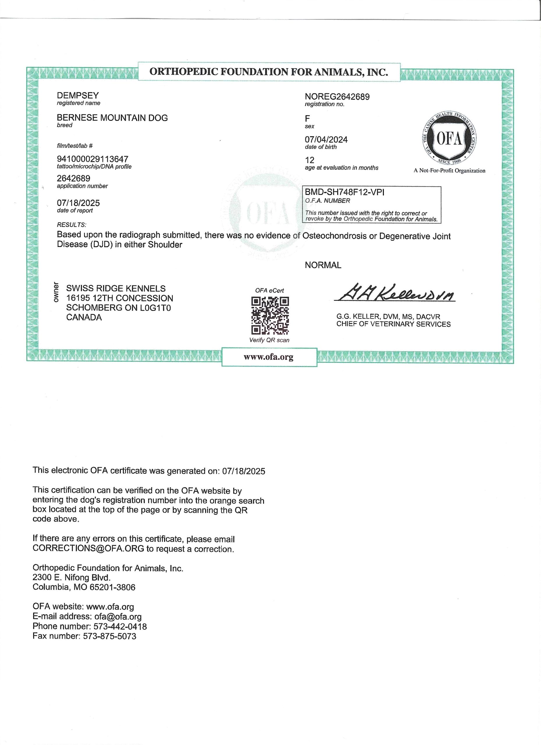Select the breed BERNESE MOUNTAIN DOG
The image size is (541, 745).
pos(112,118)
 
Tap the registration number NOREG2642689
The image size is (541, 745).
pos(337,97)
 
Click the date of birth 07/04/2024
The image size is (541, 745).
pos(326,140)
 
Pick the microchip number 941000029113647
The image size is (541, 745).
pos(92,159)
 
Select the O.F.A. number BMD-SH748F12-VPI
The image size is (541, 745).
pos(344,192)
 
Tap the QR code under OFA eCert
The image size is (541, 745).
pos(270,315)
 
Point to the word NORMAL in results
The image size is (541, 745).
pos(323,265)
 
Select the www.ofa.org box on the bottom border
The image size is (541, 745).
pos(269,357)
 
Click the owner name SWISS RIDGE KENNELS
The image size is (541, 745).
pos(116,288)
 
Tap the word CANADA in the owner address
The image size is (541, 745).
pos(84,317)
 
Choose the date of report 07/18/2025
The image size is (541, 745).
pos(78,203)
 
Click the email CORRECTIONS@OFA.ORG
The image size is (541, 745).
pos(88,549)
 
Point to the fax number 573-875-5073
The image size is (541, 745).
pos(109,636)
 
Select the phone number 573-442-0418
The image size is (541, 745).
pos(120,627)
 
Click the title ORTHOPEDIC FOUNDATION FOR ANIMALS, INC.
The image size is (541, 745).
pos(268,72)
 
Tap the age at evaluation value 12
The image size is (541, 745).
pos(309,160)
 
